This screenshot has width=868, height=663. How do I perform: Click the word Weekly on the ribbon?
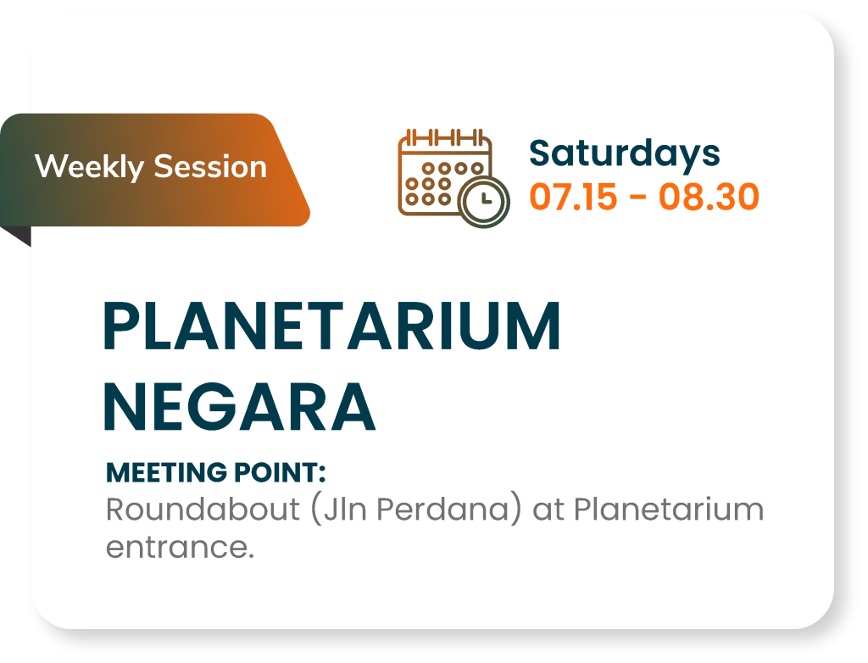[89, 167]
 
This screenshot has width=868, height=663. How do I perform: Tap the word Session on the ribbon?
[210, 167]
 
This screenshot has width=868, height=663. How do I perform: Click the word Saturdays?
[625, 154]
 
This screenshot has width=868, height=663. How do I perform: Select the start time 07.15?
[573, 197]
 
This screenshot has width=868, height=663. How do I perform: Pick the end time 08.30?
[709, 197]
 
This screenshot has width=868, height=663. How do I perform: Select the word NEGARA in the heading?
[240, 407]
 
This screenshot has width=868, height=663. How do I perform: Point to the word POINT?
[280, 473]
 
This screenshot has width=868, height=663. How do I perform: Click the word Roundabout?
[203, 509]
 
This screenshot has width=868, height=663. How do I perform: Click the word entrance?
[180, 547]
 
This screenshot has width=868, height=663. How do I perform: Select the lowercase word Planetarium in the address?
[669, 509]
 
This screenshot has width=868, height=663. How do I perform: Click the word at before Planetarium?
[548, 510]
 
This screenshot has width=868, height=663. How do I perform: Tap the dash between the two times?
[637, 198]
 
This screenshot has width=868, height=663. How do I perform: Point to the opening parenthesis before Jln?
[316, 510]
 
